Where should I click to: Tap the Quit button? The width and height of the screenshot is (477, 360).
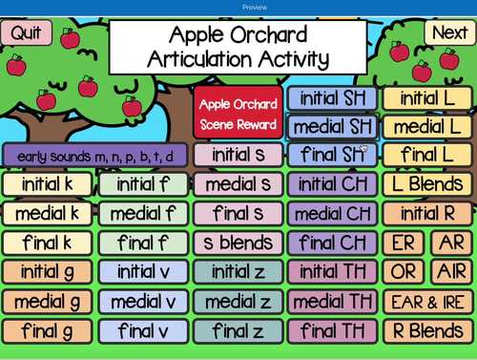27,32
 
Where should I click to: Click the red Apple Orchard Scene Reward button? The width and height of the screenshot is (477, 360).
238,114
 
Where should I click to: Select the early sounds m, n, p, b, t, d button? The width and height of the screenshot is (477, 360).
94,156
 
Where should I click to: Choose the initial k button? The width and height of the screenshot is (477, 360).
47,184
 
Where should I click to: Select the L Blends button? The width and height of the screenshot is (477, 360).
425,184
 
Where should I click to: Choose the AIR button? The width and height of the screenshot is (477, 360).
448,272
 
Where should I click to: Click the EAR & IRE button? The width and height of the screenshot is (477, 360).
425,302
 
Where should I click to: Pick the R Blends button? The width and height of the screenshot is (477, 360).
425,331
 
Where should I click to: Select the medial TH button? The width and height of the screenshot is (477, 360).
331,302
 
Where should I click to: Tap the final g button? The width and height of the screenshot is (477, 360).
47,331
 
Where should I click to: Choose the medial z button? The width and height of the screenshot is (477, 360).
238,302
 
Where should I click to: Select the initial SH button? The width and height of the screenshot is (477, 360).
331,97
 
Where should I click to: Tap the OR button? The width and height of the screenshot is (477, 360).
403,272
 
